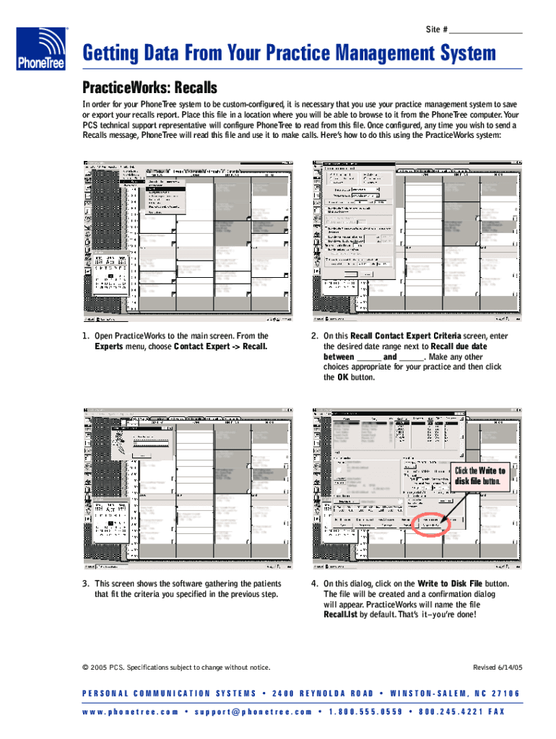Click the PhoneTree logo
point(41,49)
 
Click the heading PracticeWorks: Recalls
point(149,88)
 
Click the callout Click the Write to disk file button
point(479,476)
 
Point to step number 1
point(85,336)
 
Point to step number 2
point(314,336)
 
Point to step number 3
point(85,583)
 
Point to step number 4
point(314,583)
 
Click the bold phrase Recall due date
point(459,346)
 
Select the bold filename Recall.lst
point(341,615)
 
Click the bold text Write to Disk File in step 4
point(450,583)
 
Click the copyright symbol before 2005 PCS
point(85,667)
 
